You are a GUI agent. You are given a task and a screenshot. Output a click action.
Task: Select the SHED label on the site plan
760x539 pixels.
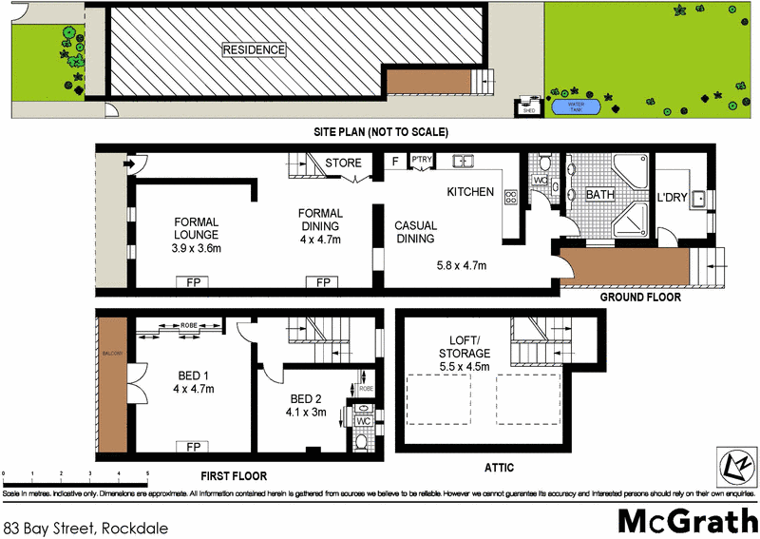click(526, 110)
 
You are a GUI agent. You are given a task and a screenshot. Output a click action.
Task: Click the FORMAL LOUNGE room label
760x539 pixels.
click(197, 226)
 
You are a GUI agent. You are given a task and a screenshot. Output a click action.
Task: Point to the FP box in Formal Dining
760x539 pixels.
click(323, 281)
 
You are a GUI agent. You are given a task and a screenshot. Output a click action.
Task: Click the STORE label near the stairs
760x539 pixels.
click(343, 164)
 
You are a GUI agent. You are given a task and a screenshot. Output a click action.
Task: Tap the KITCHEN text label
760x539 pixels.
click(470, 192)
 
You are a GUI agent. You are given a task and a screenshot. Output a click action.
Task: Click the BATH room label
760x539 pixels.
click(600, 195)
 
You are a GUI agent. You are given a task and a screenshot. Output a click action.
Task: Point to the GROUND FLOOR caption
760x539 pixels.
click(639, 297)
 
